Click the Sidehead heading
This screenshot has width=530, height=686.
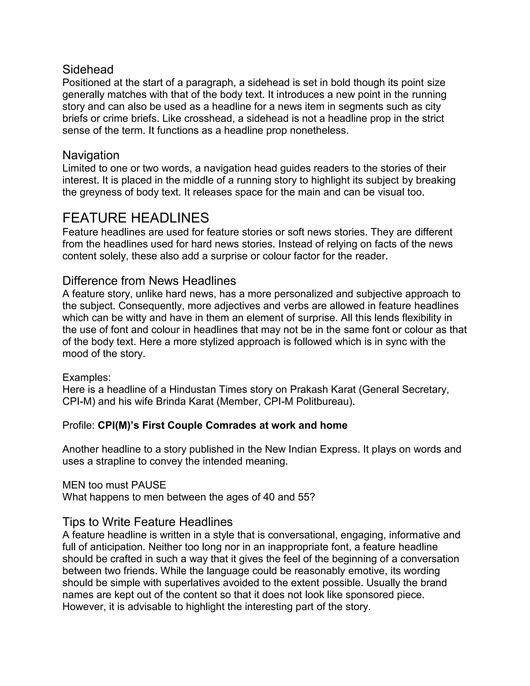[88, 69]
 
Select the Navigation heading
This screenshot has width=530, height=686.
[91, 155]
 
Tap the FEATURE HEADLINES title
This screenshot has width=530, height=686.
[136, 218]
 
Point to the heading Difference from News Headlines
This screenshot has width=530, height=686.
[149, 281]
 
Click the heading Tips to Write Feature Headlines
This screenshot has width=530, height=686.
[148, 522]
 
